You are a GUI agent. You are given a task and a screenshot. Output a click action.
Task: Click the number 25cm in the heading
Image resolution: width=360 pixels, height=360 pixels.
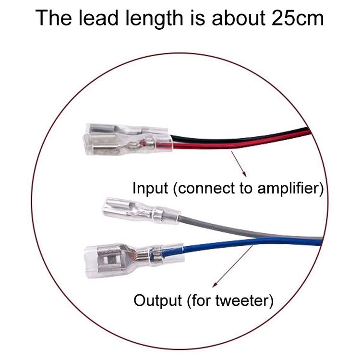pyautogui.click(x=298, y=18)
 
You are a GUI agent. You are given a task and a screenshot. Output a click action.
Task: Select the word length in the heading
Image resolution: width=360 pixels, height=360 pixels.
pyautogui.click(x=154, y=19)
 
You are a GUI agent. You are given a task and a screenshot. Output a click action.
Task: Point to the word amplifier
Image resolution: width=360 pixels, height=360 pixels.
pyautogui.click(x=288, y=189)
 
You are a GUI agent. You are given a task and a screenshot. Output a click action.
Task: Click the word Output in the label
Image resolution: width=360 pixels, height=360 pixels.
pyautogui.click(x=157, y=300)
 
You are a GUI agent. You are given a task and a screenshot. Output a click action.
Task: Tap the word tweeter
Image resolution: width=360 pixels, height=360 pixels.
pyautogui.click(x=241, y=300)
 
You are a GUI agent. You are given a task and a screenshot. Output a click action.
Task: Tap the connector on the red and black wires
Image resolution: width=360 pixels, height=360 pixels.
pyautogui.click(x=128, y=139)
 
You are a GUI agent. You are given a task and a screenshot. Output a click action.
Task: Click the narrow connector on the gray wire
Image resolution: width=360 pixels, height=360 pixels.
pyautogui.click(x=141, y=211)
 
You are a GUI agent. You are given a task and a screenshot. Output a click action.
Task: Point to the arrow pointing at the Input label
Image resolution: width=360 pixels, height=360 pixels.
pyautogui.click(x=239, y=164)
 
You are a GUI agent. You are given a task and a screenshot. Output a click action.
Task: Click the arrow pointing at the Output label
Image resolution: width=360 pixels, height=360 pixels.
pyautogui.click(x=232, y=266)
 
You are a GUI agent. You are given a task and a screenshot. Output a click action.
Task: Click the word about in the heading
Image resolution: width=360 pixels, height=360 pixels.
pyautogui.click(x=238, y=18)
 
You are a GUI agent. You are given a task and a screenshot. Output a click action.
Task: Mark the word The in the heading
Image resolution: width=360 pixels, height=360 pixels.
pyautogui.click(x=53, y=18)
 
